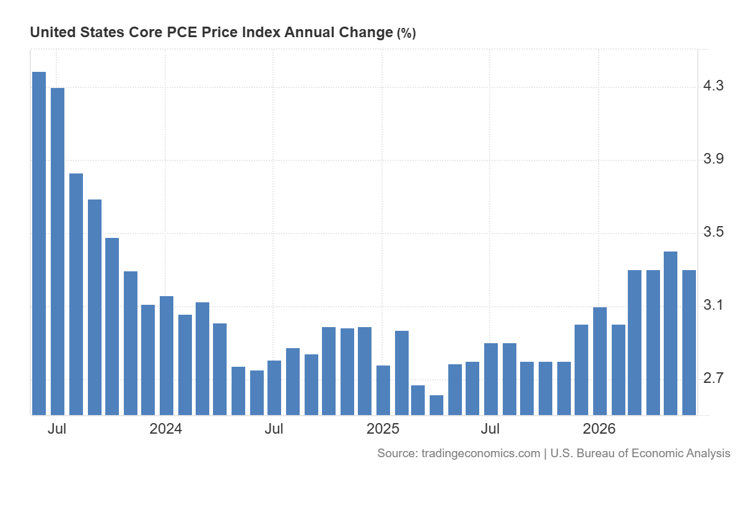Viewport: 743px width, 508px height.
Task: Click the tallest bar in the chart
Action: click(x=39, y=243)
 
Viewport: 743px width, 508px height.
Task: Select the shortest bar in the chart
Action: click(x=436, y=405)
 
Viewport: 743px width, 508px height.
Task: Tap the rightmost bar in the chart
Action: click(x=689, y=343)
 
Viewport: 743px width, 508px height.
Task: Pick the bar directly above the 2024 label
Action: click(x=166, y=356)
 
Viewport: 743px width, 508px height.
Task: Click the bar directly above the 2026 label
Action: click(x=600, y=361)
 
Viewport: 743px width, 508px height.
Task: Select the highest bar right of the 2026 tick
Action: click(x=671, y=333)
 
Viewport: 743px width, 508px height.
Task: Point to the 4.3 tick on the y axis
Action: click(x=713, y=86)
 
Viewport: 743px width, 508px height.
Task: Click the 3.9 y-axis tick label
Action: click(x=713, y=159)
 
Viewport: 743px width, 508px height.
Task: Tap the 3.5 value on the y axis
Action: click(x=713, y=232)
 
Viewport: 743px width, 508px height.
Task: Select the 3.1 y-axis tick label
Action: click(x=713, y=305)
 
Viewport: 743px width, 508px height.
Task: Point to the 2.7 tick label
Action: click(x=713, y=378)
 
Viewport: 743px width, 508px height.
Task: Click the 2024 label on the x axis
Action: click(x=165, y=429)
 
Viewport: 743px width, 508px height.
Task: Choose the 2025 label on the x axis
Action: click(x=383, y=429)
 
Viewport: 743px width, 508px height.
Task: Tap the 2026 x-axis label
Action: click(x=599, y=429)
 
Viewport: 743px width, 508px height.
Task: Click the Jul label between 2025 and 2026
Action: click(x=490, y=429)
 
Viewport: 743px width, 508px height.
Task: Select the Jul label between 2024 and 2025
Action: click(x=274, y=429)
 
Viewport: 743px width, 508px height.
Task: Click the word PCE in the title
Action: click(x=182, y=32)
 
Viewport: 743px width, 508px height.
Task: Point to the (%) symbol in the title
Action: click(x=406, y=33)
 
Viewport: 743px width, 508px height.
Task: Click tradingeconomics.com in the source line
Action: click(x=480, y=453)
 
